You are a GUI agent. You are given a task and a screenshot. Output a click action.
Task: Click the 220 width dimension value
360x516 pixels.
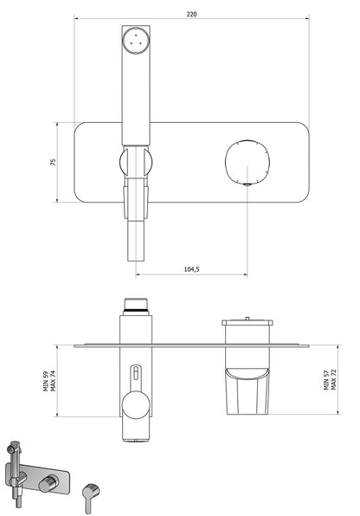190,14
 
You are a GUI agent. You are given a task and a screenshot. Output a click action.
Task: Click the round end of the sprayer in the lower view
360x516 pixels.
136,408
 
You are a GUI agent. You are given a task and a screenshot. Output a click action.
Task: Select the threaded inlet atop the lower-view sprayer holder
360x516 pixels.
136,304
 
